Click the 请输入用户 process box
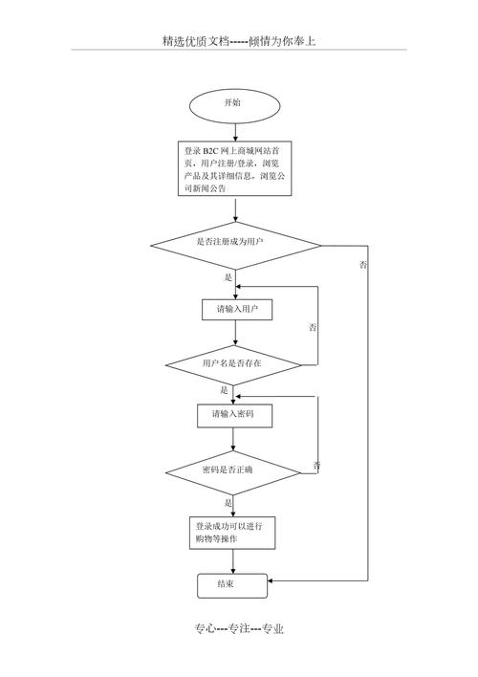point(237,310)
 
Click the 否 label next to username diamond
point(314,327)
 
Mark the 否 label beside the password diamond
point(317,465)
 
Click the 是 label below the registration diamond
point(228,276)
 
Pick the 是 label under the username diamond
point(225,390)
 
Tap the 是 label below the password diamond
point(228,502)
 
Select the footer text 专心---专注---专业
point(239,628)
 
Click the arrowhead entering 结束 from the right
point(273,579)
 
